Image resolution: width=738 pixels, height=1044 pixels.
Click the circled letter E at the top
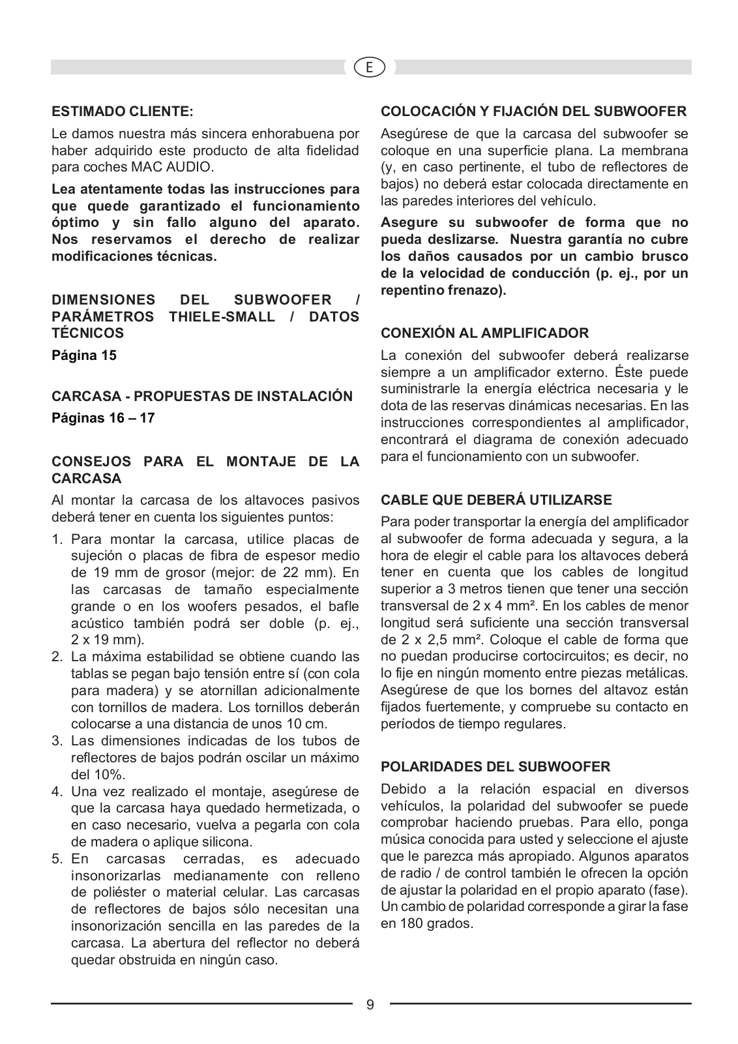coord(370,67)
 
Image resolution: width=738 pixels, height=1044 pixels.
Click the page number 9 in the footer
coord(370,1004)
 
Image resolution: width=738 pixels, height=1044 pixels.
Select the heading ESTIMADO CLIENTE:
coord(123,111)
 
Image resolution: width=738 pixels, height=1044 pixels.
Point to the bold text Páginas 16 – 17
coord(103,417)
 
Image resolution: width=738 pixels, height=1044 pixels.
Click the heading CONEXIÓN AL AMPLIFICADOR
coord(484,333)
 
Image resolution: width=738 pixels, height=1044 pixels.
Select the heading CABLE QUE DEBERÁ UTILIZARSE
coord(496,500)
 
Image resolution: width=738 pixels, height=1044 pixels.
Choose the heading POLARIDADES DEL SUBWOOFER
coord(495,766)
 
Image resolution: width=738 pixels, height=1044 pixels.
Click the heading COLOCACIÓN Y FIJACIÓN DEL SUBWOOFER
coord(533,111)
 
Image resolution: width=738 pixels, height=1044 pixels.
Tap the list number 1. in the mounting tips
coord(57,539)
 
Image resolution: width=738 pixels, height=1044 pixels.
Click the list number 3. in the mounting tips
coord(57,741)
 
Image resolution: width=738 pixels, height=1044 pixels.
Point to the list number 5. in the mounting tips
coord(57,858)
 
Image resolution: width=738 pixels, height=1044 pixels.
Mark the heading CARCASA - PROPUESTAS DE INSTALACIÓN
coord(202,396)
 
